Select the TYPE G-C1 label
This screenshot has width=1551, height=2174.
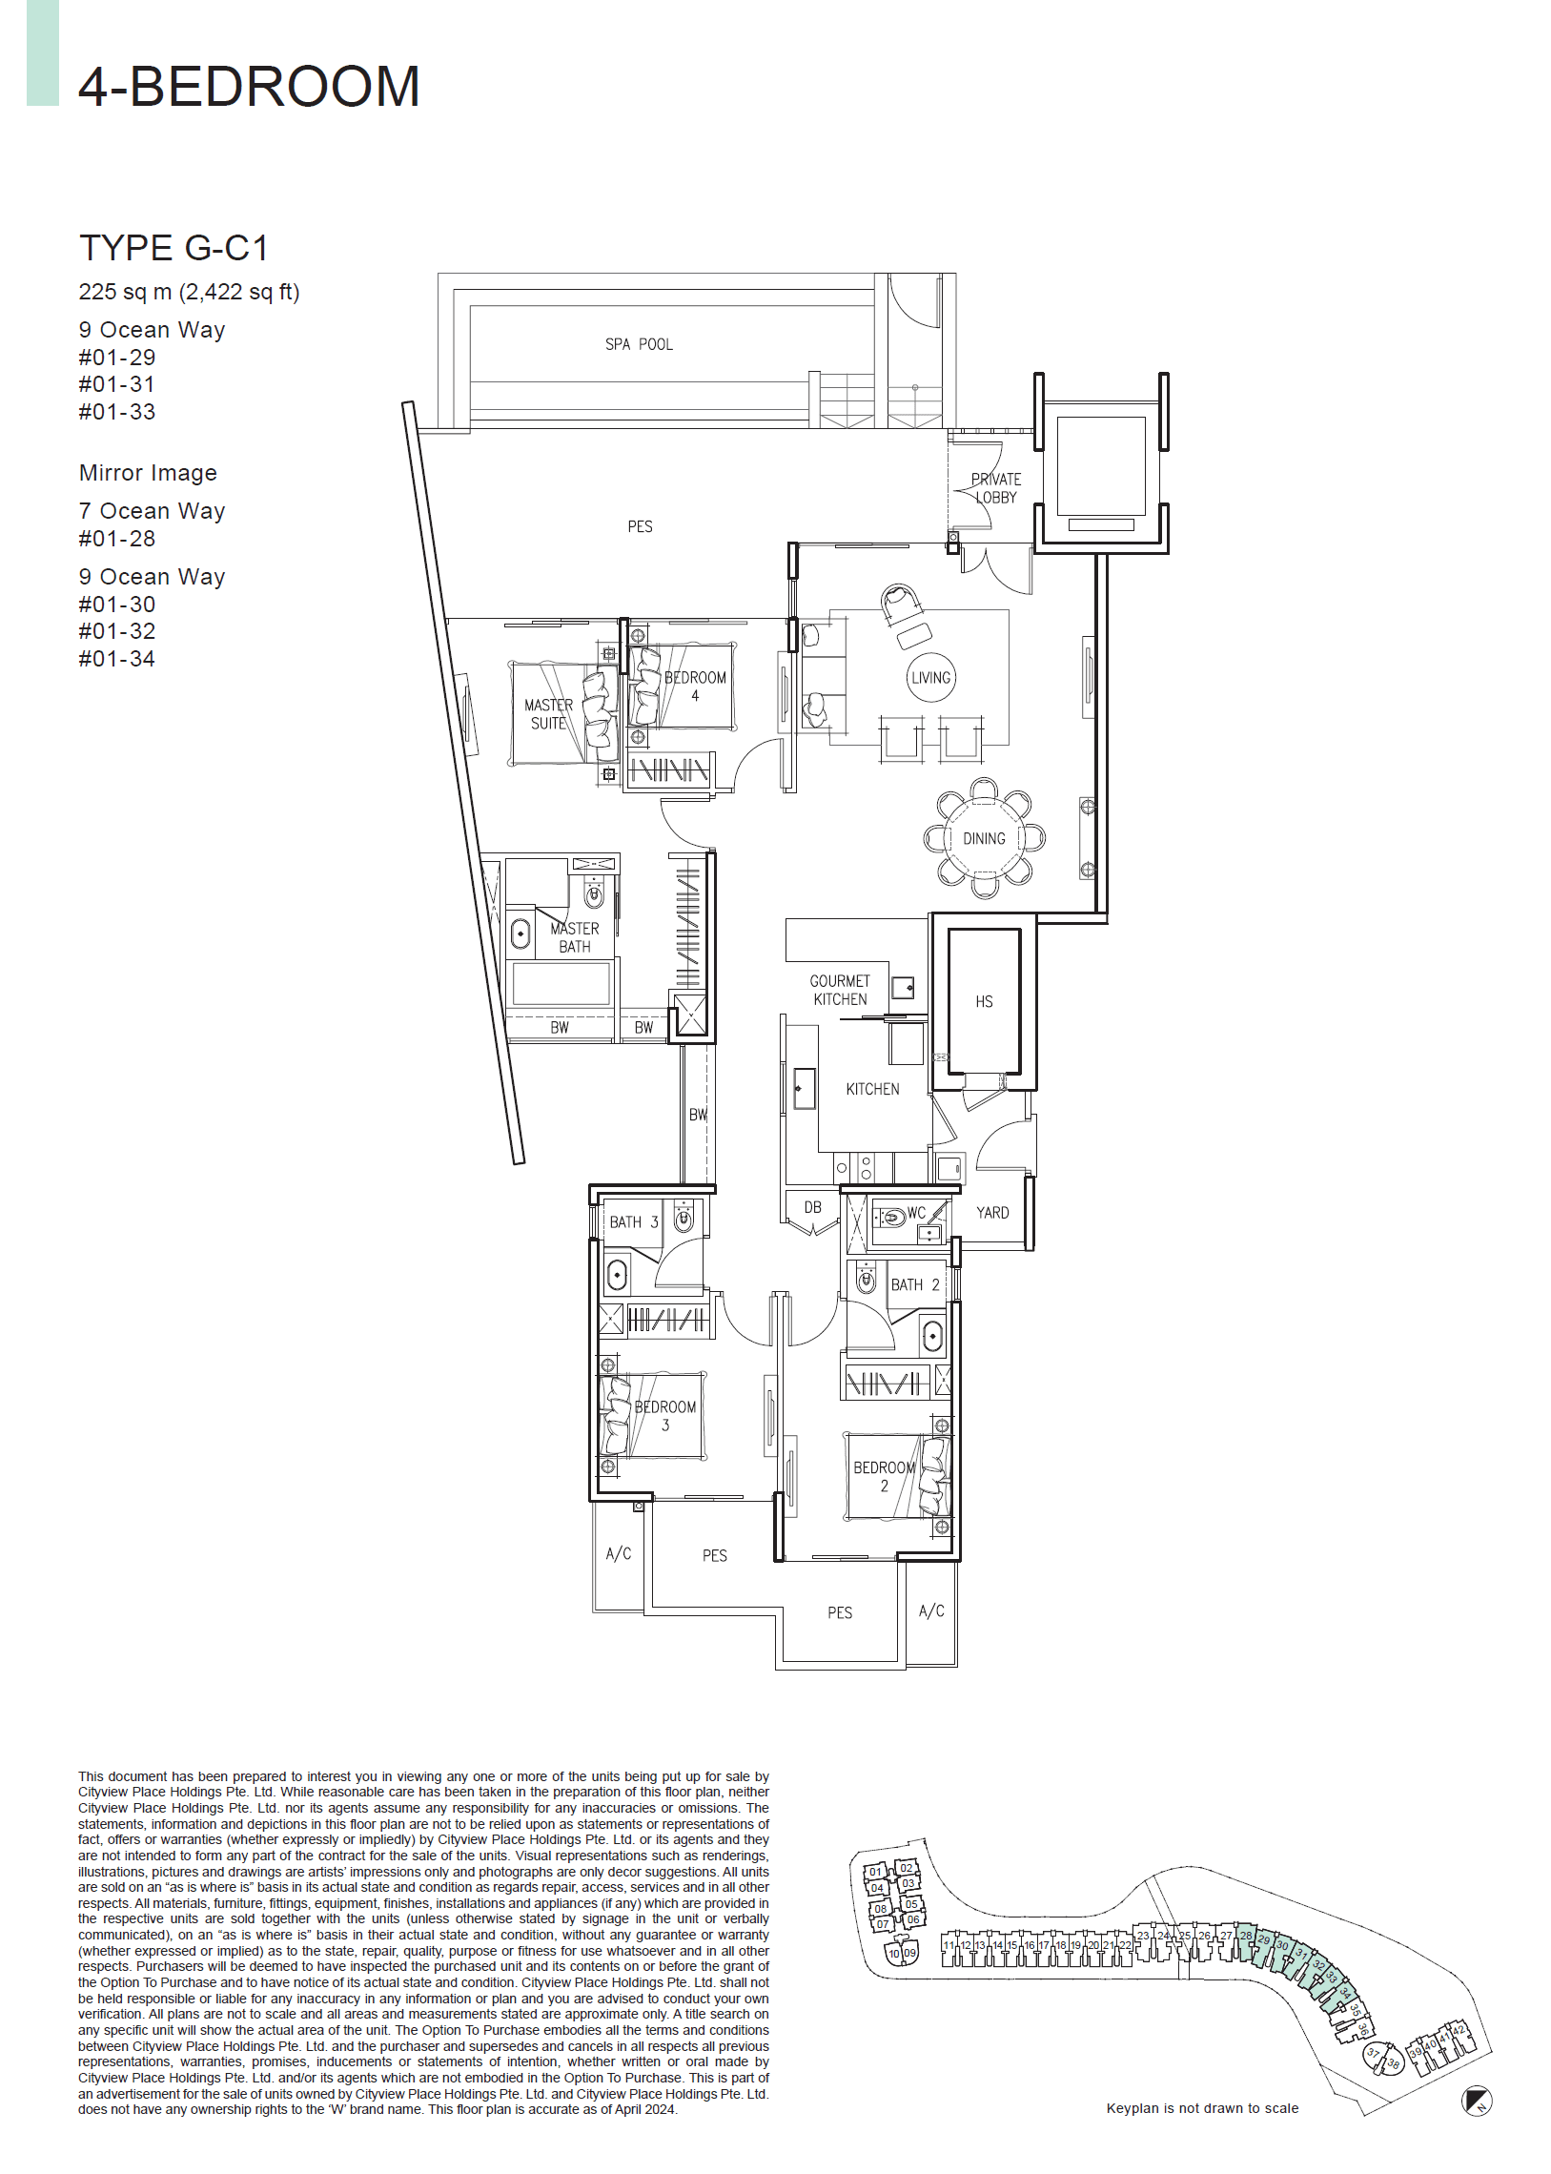click(173, 248)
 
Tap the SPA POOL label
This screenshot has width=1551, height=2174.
click(639, 345)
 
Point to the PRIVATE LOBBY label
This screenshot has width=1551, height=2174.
click(995, 488)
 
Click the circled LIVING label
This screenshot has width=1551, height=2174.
click(930, 678)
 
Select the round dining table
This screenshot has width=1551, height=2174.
click(984, 839)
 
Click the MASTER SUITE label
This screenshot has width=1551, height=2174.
click(548, 714)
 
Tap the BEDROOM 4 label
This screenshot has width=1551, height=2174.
click(695, 686)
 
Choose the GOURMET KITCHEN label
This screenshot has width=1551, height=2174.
click(840, 990)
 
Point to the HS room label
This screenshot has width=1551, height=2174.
click(984, 1001)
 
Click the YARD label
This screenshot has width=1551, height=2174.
click(992, 1212)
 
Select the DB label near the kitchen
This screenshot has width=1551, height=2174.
click(813, 1207)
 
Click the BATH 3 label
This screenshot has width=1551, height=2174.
click(634, 1221)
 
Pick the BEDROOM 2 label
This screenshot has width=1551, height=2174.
click(884, 1476)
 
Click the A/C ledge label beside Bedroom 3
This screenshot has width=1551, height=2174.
click(618, 1554)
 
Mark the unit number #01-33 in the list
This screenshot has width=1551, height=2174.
click(116, 412)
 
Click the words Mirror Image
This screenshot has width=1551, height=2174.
click(148, 473)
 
